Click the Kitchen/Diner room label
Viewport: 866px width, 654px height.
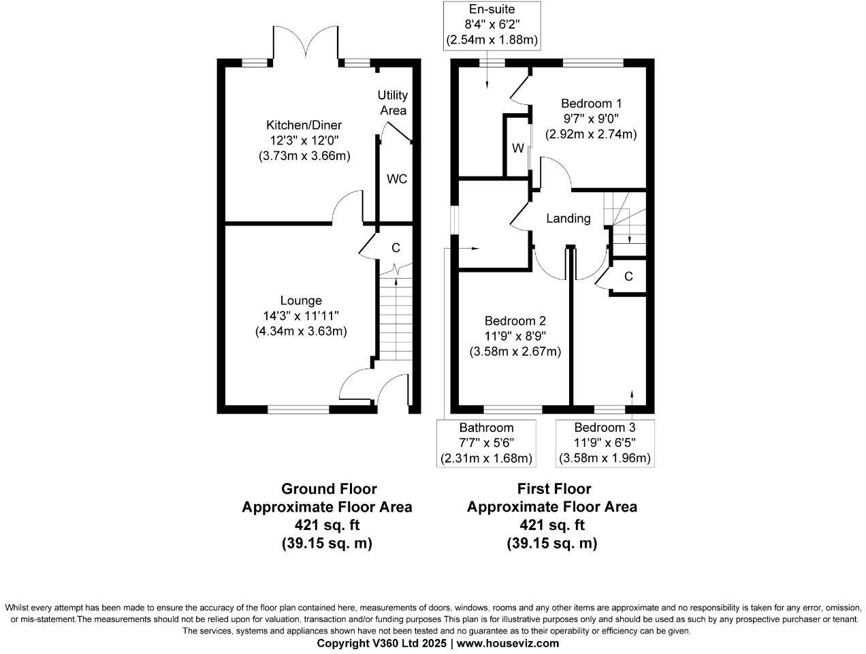[x=304, y=125]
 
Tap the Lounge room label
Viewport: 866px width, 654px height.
[x=301, y=300]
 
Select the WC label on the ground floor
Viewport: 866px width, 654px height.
[x=397, y=179]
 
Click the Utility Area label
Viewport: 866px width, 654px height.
[x=393, y=103]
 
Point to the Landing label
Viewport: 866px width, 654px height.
[x=568, y=219]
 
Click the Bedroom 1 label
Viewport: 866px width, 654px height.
[x=591, y=104]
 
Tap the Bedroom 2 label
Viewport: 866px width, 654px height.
[x=515, y=321]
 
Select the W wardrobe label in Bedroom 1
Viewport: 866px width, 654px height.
[x=517, y=149]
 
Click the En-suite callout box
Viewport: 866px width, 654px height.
[x=492, y=25]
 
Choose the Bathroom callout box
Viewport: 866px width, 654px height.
[x=486, y=443]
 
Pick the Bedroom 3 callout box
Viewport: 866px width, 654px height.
[x=605, y=443]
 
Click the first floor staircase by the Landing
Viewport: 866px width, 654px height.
[x=625, y=217]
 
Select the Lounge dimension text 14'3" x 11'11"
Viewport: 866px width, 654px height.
[x=301, y=316]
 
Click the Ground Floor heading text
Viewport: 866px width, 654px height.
[x=329, y=489]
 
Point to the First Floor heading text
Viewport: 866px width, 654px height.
[x=554, y=489]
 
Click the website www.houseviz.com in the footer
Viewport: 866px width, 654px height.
[x=507, y=643]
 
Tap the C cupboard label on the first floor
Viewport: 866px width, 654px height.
[x=628, y=277]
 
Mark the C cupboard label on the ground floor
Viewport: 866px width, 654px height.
[x=396, y=249]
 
